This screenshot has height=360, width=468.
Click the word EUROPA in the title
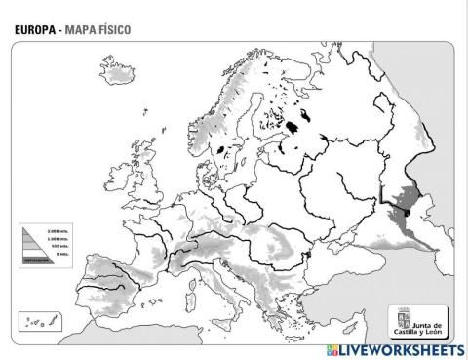coord(34,29)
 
